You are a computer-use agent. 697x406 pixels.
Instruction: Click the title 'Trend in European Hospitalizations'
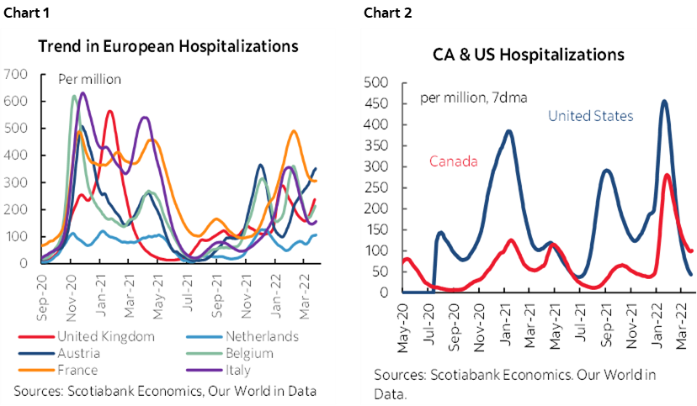pyautogui.click(x=168, y=46)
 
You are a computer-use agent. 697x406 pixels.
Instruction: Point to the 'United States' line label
pyautogui.click(x=590, y=116)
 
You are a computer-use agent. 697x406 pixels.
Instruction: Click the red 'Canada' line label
pyautogui.click(x=454, y=161)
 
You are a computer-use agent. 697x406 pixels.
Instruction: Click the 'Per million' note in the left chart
pyautogui.click(x=89, y=80)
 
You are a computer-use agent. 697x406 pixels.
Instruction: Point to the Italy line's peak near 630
pyautogui.click(x=82, y=92)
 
